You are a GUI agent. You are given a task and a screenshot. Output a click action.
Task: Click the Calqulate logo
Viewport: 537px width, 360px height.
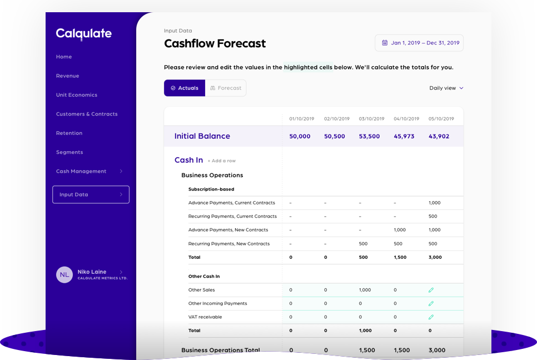[x=83, y=34]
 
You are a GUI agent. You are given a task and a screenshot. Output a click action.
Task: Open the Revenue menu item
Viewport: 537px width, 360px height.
[x=67, y=76]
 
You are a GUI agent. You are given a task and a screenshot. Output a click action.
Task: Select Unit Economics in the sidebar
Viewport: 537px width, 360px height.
[x=76, y=95]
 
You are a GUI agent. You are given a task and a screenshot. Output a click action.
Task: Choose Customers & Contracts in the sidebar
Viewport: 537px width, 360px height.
[x=87, y=114]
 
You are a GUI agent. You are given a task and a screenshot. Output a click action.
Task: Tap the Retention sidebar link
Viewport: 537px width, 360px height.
[x=69, y=133]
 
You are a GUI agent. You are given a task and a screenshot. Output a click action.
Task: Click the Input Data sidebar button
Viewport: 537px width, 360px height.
[x=91, y=194]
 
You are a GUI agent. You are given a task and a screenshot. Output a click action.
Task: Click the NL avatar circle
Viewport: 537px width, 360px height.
[x=64, y=274]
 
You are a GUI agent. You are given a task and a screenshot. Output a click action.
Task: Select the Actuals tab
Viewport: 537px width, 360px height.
[x=185, y=88]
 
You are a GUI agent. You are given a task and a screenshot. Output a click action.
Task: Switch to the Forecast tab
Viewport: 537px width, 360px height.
[x=226, y=88]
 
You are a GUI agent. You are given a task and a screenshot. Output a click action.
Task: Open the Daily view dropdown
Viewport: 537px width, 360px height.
[x=446, y=88]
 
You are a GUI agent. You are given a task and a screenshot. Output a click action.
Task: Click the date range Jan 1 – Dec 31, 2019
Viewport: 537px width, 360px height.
[x=419, y=43]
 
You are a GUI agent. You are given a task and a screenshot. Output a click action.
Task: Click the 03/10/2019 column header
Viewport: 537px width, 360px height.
[x=371, y=119]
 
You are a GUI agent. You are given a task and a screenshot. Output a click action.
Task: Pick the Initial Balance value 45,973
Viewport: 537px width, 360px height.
[x=404, y=136]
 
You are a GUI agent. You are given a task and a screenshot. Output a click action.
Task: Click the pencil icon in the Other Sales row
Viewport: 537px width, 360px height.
[x=431, y=290]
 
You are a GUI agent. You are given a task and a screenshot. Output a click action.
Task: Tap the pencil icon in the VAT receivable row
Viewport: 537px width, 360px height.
[x=431, y=317]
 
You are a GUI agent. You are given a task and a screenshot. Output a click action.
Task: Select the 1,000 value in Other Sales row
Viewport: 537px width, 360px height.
[x=365, y=290]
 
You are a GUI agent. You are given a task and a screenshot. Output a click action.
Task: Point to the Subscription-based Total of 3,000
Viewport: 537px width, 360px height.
[x=435, y=257]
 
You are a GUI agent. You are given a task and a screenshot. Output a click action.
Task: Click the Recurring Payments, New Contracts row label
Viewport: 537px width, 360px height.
[x=228, y=244]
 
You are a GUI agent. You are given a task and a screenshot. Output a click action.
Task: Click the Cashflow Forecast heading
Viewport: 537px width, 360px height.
[x=215, y=43]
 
